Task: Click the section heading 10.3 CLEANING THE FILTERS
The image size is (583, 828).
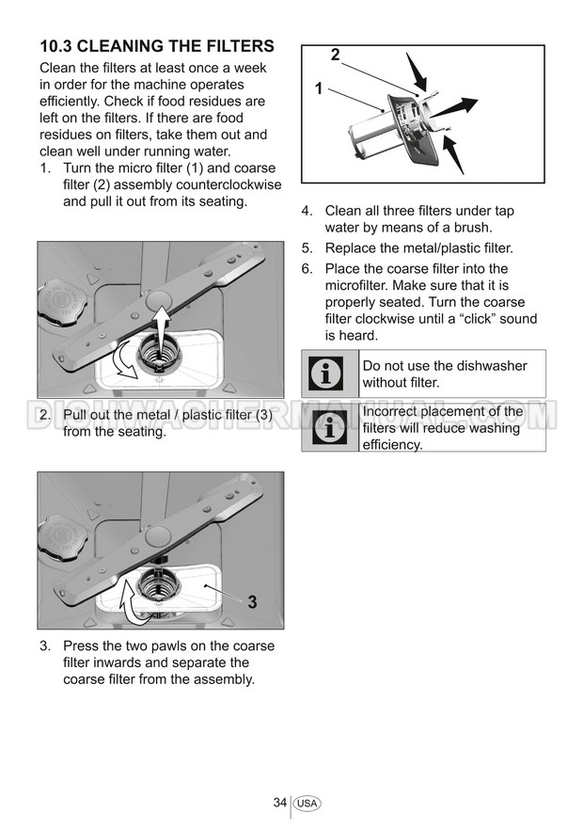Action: (157, 46)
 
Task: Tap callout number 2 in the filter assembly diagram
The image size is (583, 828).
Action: (336, 55)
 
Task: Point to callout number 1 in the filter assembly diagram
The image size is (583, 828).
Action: (319, 88)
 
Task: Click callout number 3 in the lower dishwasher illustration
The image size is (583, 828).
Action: (252, 601)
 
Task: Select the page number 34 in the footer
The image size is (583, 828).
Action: (280, 803)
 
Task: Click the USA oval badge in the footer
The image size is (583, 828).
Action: (307, 804)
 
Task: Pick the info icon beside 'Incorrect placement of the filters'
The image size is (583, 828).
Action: (330, 427)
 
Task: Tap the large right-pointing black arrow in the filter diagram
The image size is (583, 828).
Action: (455, 107)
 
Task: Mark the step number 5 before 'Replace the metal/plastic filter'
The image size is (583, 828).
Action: (307, 248)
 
